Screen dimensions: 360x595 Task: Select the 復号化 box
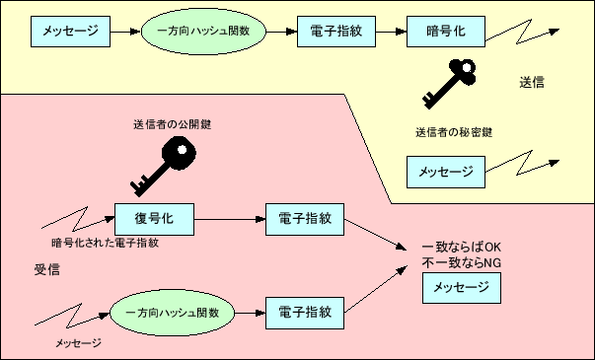coord(153,217)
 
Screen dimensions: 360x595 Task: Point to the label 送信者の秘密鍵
coord(453,131)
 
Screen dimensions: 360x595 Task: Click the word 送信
coord(531,82)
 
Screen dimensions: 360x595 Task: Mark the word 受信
coord(47,268)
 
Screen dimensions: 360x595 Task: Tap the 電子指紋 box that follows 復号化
coord(305,217)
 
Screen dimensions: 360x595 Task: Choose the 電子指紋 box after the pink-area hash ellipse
coord(305,312)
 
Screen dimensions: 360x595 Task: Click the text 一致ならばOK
coord(462,247)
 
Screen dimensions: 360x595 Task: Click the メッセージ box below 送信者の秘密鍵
coord(446,172)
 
